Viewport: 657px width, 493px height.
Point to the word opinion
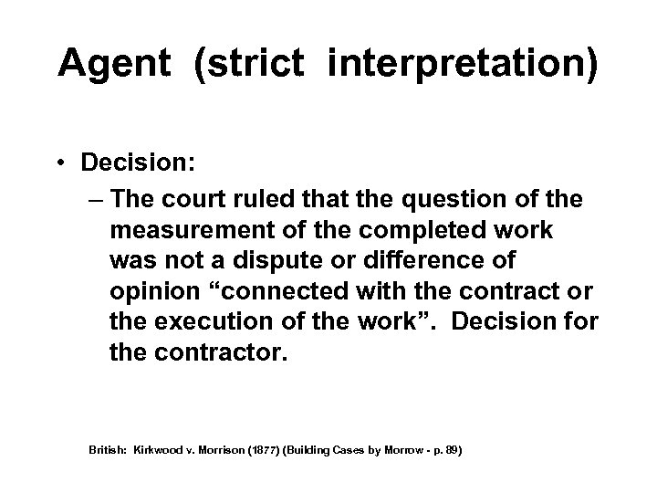coord(156,291)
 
